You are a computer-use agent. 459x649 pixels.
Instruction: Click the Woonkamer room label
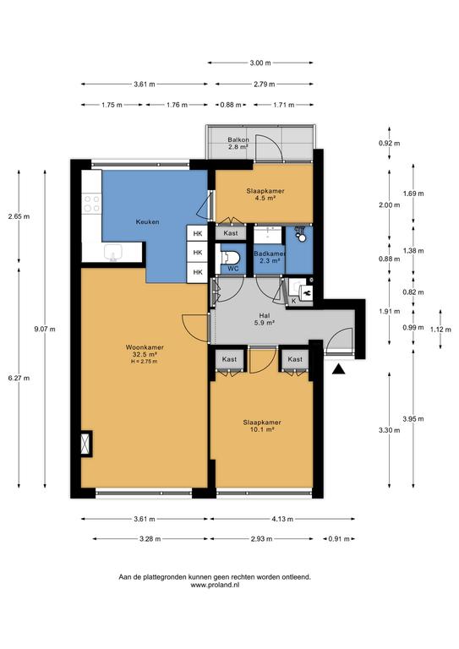pos(145,347)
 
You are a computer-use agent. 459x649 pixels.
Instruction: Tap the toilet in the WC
pos(230,259)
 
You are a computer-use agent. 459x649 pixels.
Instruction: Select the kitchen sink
pos(112,252)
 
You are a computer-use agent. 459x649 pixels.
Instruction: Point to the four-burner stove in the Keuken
pos(91,203)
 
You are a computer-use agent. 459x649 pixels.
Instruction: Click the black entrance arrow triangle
pos(339,369)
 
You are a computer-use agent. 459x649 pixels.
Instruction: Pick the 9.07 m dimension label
pos(45,329)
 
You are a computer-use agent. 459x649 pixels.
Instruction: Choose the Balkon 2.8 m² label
pos(238,143)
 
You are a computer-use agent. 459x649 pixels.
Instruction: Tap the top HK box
pos(198,234)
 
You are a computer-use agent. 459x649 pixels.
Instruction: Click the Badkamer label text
pos(270,254)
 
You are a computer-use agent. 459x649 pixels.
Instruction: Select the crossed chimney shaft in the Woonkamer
pos(86,444)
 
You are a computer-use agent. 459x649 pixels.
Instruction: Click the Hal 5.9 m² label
pos(265,319)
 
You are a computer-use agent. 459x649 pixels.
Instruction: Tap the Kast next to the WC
pos(231,233)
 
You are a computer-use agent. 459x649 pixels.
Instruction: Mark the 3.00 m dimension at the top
pos(260,63)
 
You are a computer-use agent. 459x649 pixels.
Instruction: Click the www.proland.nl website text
pos(215,586)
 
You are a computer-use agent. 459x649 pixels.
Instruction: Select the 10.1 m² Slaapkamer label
pos(262,426)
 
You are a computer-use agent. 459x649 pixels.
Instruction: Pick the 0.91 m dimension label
pos(339,539)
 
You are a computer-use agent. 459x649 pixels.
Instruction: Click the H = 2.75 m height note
pos(145,362)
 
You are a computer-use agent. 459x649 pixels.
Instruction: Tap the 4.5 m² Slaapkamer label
pos(265,194)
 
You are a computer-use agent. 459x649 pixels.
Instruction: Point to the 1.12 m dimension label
pos(440,330)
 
